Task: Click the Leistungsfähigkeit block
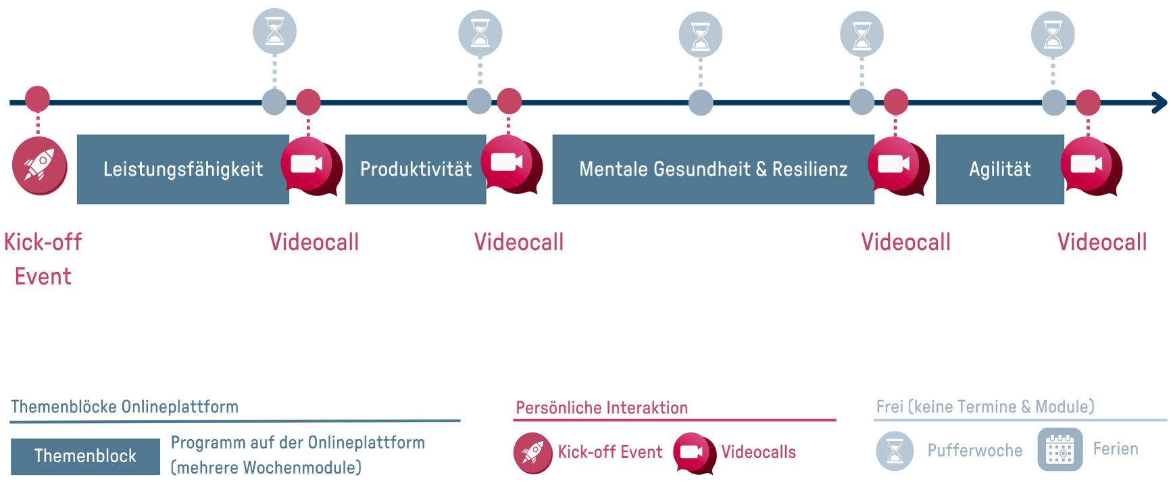182,169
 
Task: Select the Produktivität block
415,169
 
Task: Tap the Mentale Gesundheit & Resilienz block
713,169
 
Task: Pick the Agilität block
999,169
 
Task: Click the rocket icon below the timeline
39,166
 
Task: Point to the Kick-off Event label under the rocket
43,259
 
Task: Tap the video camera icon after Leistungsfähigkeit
307,165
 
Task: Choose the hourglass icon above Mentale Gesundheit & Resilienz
700,34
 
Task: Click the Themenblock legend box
85,456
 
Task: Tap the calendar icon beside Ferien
1060,449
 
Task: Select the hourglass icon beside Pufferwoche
895,451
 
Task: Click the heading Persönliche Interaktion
601,408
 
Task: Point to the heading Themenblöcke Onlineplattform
124,407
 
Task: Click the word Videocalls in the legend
758,452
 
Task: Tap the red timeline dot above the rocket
37,99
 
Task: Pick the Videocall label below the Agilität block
1101,242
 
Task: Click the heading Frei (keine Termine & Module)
985,407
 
